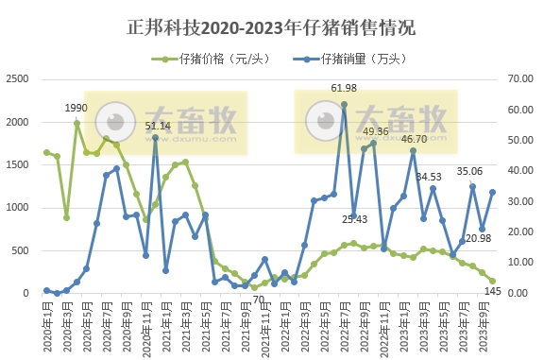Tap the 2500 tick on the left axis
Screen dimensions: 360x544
(16, 79)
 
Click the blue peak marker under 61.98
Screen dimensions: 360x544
(344, 104)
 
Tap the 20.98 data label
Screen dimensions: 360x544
(478, 237)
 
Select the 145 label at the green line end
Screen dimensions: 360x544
(493, 291)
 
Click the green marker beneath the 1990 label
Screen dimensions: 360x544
(76, 123)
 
